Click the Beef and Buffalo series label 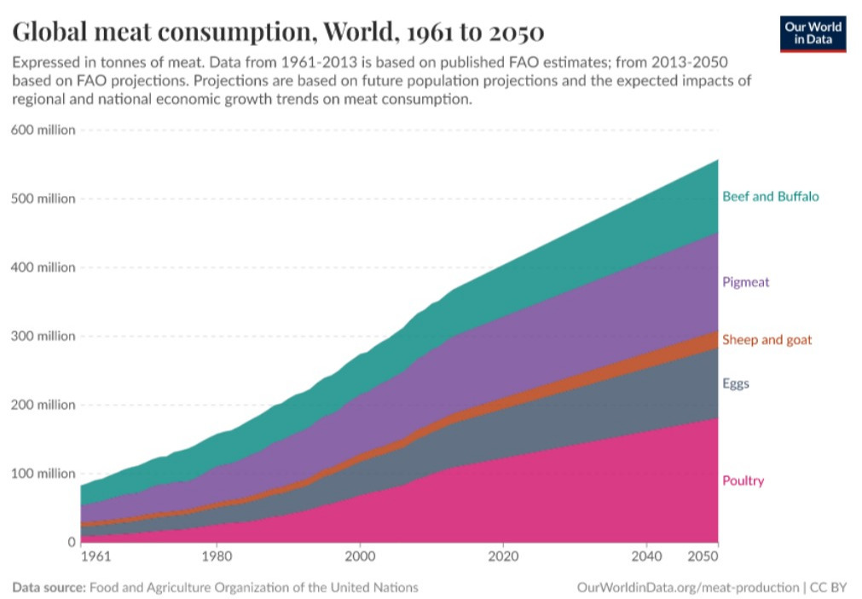pyautogui.click(x=770, y=197)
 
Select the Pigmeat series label pyautogui.click(x=745, y=282)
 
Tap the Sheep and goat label pyautogui.click(x=767, y=340)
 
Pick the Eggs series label pyautogui.click(x=735, y=383)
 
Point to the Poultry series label pyautogui.click(x=743, y=481)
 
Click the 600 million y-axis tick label pyautogui.click(x=43, y=130)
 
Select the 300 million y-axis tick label pyautogui.click(x=43, y=337)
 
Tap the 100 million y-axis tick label pyautogui.click(x=43, y=474)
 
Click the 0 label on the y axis pyautogui.click(x=71, y=542)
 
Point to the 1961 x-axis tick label pyautogui.click(x=95, y=557)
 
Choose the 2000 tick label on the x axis pyautogui.click(x=360, y=557)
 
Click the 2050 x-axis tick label pyautogui.click(x=704, y=557)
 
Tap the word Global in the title pyautogui.click(x=55, y=32)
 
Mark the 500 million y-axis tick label pyautogui.click(x=43, y=199)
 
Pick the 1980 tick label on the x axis pyautogui.click(x=217, y=557)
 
